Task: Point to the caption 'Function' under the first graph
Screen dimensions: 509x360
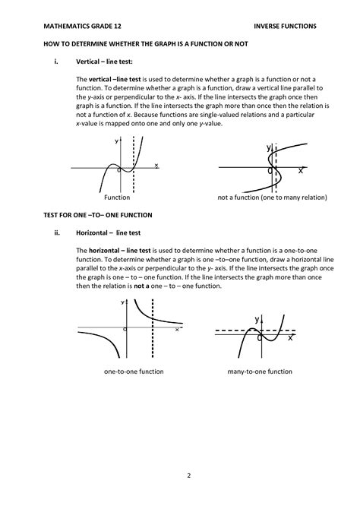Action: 118,196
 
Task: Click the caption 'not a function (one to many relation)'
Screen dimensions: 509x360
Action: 272,196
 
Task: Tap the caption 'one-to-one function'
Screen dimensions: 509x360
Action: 134,371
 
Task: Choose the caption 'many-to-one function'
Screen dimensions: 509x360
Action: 260,371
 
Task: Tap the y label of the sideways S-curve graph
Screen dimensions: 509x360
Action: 268,147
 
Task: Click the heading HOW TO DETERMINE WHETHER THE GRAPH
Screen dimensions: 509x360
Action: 144,43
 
